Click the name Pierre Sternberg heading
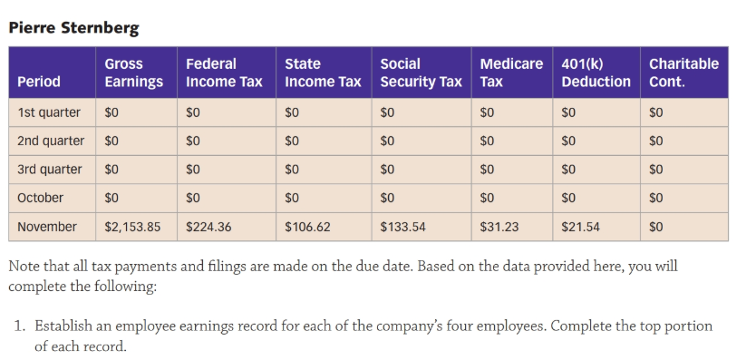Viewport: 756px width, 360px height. point(73,28)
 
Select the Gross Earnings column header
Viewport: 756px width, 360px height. point(133,73)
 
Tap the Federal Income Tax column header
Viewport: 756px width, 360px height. point(224,73)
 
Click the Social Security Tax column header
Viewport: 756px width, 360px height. point(421,73)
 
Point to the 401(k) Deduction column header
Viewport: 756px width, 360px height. point(596,73)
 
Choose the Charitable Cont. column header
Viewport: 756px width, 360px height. point(683,73)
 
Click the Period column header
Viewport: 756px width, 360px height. point(39,82)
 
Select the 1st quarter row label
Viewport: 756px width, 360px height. point(49,112)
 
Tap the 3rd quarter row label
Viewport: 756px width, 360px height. point(50,170)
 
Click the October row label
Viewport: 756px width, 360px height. point(40,198)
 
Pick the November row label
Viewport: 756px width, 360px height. point(47,227)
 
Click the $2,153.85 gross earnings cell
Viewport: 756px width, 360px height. point(132,227)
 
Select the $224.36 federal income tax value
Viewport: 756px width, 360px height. point(208,227)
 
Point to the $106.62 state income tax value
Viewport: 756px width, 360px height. point(307,227)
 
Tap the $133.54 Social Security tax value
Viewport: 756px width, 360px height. point(403,227)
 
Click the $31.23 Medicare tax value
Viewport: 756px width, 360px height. point(499,227)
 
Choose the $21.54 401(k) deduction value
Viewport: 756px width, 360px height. point(580,227)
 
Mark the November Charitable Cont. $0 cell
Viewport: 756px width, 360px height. point(655,227)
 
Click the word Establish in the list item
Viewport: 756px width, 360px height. point(63,326)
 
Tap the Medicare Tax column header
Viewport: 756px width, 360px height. point(511,73)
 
